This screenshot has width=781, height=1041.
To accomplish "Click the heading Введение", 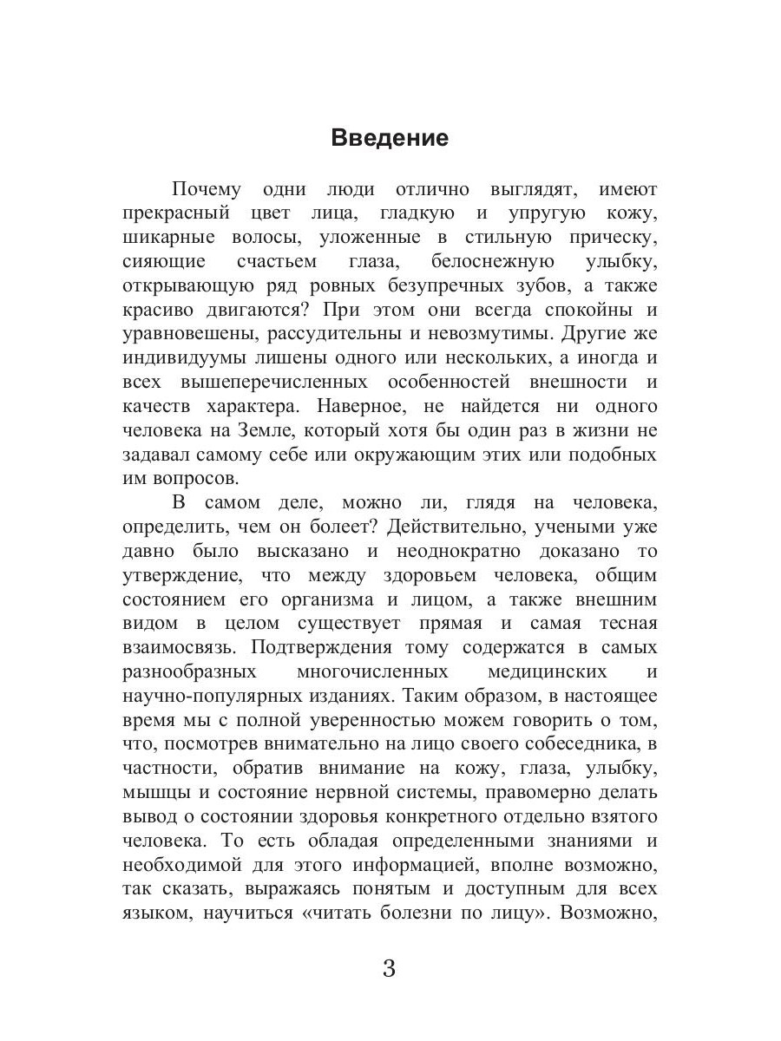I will [390, 139].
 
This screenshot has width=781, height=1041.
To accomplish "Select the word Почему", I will [205, 190].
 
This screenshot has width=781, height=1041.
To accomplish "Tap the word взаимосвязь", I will [179, 647].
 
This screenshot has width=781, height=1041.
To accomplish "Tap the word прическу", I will [611, 238].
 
